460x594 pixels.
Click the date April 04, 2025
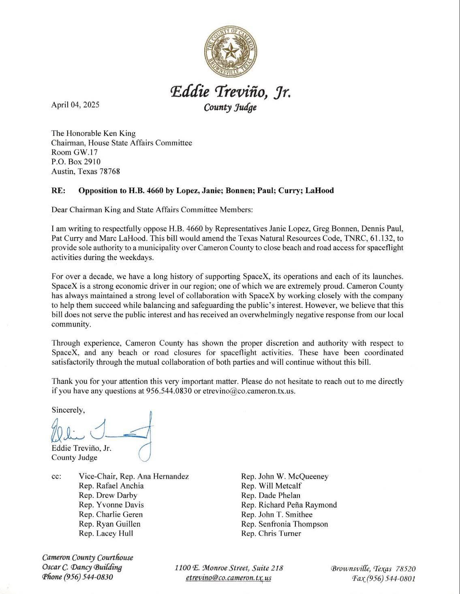(75, 104)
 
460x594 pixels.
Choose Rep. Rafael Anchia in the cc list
(111, 486)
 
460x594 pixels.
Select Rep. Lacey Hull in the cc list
(106, 533)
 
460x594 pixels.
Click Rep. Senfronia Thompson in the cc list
(284, 524)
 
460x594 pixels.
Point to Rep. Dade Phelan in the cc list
(270, 495)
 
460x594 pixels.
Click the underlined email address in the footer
(228, 578)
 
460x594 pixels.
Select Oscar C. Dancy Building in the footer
(82, 567)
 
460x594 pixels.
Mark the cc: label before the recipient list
(57, 476)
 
